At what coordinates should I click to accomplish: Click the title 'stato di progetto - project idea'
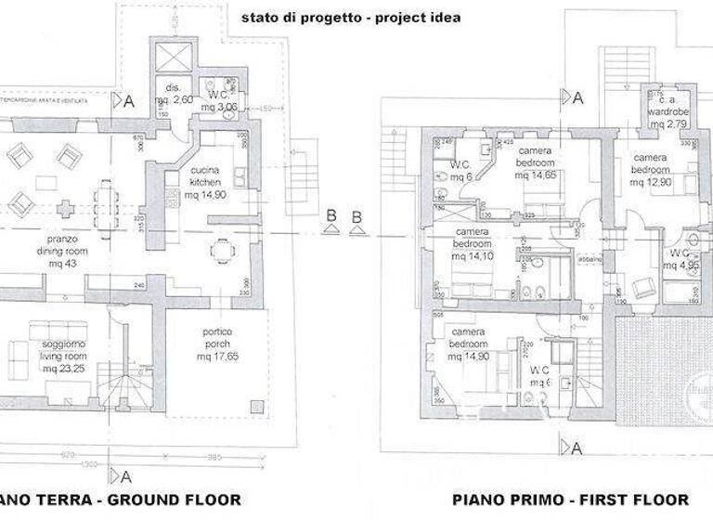(349, 17)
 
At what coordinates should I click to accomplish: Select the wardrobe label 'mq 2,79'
(668, 123)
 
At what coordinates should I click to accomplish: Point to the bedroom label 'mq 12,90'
(650, 182)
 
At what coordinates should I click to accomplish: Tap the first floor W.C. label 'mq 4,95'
(681, 265)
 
